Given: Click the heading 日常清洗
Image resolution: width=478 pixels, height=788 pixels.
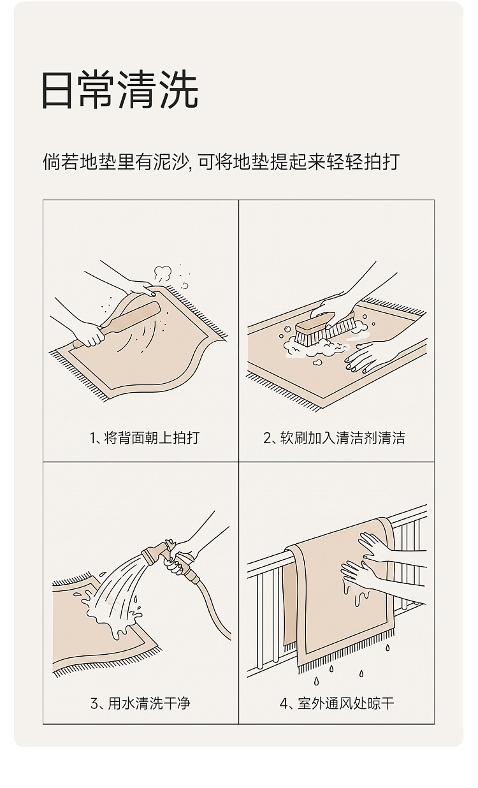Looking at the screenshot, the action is (120, 90).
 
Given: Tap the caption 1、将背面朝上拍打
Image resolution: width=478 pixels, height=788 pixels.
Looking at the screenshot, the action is (145, 437).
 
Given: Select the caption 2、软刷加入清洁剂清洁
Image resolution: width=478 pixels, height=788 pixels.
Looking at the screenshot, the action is (334, 437).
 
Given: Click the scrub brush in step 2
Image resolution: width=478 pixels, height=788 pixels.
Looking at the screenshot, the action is (324, 328).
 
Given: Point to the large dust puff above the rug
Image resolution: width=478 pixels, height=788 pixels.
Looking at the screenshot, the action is (163, 273).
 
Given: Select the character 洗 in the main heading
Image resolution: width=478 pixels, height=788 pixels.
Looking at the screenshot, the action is (179, 90).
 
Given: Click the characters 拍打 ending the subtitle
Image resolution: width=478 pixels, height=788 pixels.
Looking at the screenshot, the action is (382, 162).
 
